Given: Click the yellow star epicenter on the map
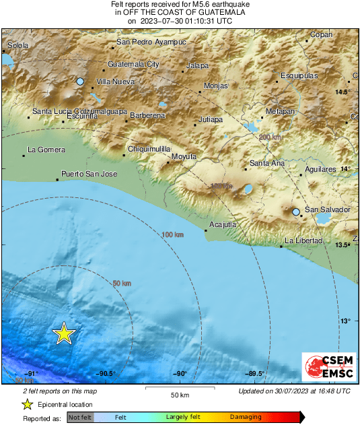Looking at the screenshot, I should tap(63, 333).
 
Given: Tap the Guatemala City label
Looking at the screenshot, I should tap(133, 65).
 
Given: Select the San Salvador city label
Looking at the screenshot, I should tap(328, 210).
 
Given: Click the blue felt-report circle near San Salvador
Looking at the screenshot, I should tap(296, 212).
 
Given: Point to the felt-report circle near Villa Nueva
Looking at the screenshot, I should tap(80, 81).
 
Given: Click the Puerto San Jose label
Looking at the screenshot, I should tap(89, 174).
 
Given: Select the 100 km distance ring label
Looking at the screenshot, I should tap(173, 234).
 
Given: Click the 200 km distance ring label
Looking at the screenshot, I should tap(270, 137).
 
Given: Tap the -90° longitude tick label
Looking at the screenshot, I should tap(180, 373).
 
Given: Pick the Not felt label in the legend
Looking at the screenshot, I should tap(80, 418).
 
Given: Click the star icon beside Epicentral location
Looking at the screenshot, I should tap(27, 404).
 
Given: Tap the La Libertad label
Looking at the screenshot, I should tap(303, 241).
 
